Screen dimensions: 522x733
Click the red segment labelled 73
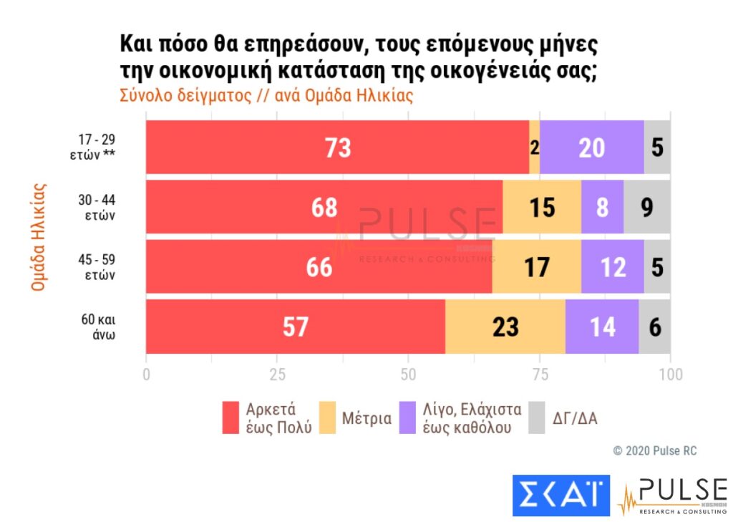(337, 148)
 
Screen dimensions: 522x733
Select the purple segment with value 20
(592, 148)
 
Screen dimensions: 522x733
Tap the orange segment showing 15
(542, 207)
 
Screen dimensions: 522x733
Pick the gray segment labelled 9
(647, 207)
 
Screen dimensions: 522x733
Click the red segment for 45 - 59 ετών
(319, 266)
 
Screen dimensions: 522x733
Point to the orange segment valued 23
(505, 326)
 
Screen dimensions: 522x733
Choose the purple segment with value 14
(602, 326)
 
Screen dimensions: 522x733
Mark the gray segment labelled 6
(655, 326)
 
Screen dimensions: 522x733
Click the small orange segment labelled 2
(535, 148)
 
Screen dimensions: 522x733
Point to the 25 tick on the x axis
(278, 374)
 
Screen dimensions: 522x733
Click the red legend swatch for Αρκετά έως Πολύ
(231, 417)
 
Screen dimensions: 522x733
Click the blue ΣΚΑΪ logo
(560, 495)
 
